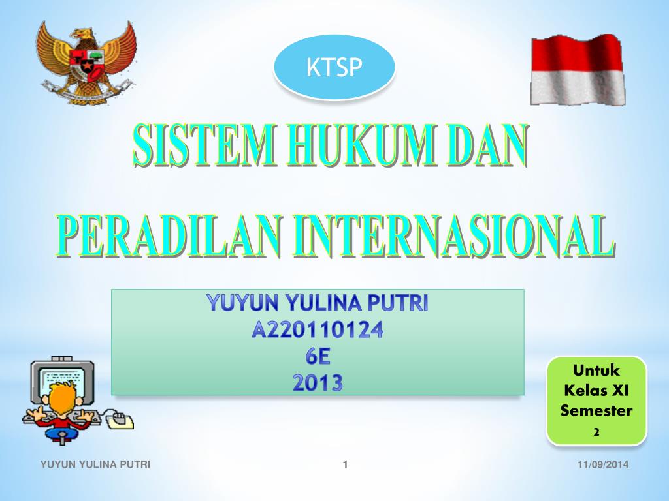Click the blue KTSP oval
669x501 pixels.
334,67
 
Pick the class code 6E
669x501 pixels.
318,357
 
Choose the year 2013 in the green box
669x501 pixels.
318,383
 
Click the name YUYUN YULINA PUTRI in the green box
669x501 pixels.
318,303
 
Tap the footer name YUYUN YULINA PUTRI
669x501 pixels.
95,464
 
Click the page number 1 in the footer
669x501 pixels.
344,465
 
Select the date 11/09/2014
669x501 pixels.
602,464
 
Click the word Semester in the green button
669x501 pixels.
596,411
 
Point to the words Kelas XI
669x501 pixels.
596,391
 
